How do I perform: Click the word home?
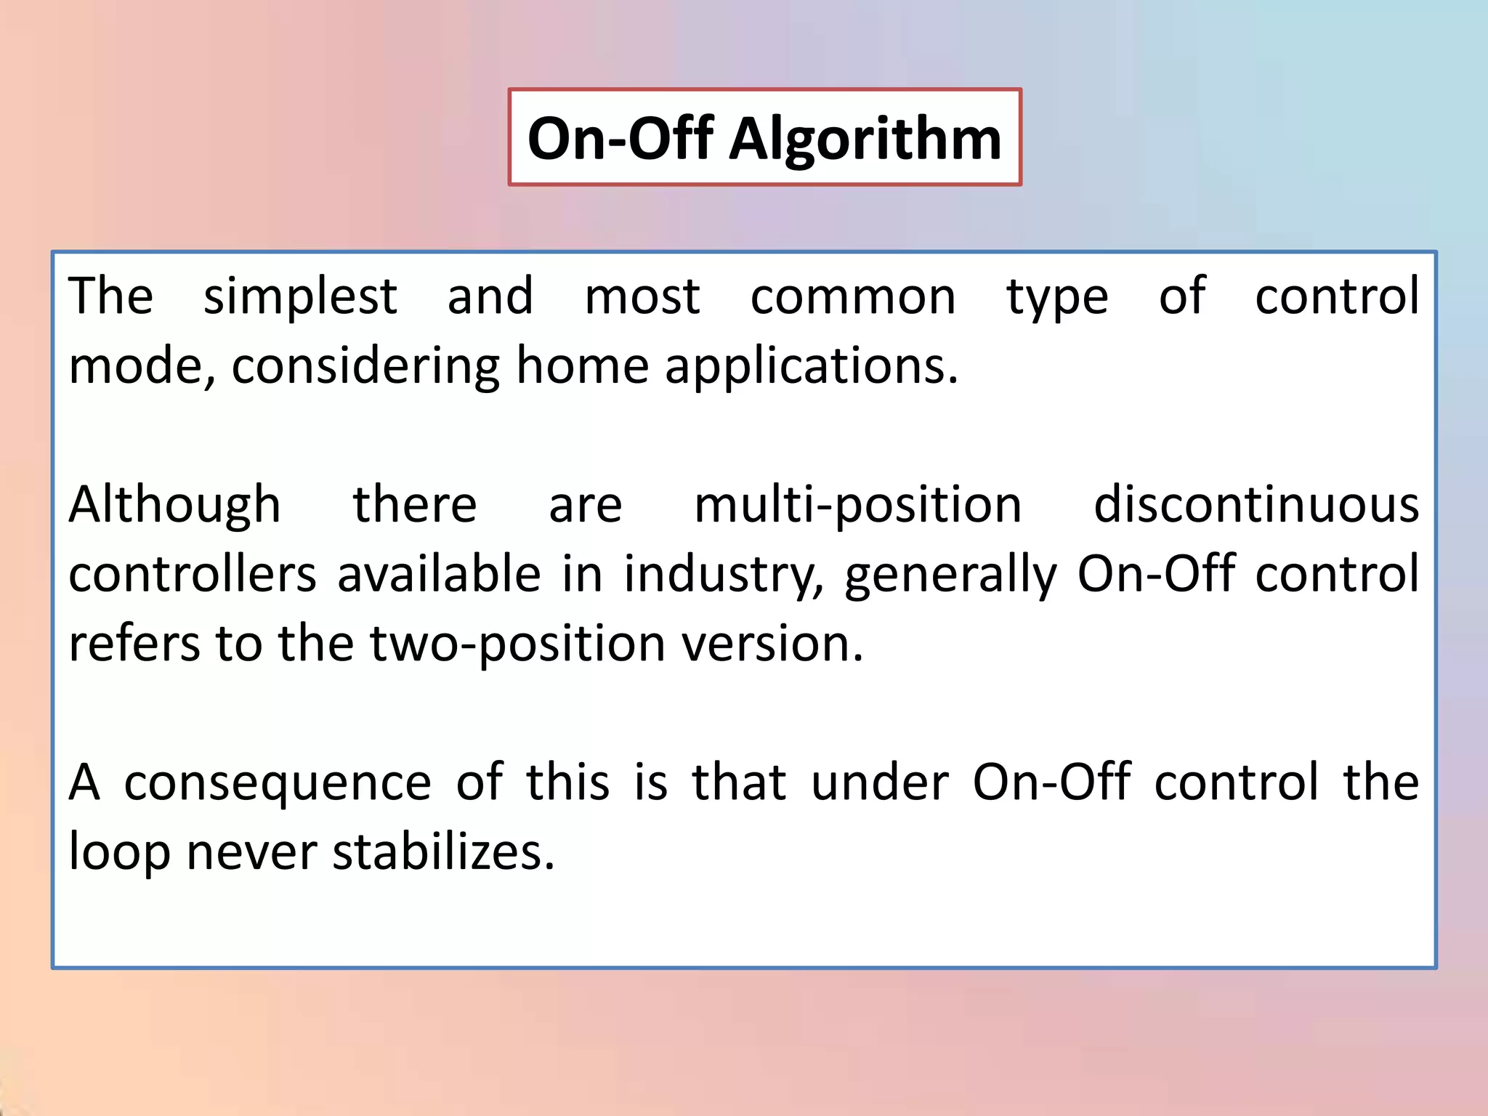pyautogui.click(x=581, y=365)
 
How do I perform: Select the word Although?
pyautogui.click(x=174, y=506)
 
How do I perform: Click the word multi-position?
pyautogui.click(x=857, y=506)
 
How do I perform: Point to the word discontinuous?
pyautogui.click(x=1255, y=504)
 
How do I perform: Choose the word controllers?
pyautogui.click(x=193, y=574)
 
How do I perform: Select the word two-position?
pyautogui.click(x=517, y=645)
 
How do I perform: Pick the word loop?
pyautogui.click(x=118, y=853)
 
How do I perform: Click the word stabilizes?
pyautogui.click(x=443, y=852)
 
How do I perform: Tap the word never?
pyautogui.click(x=251, y=853)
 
